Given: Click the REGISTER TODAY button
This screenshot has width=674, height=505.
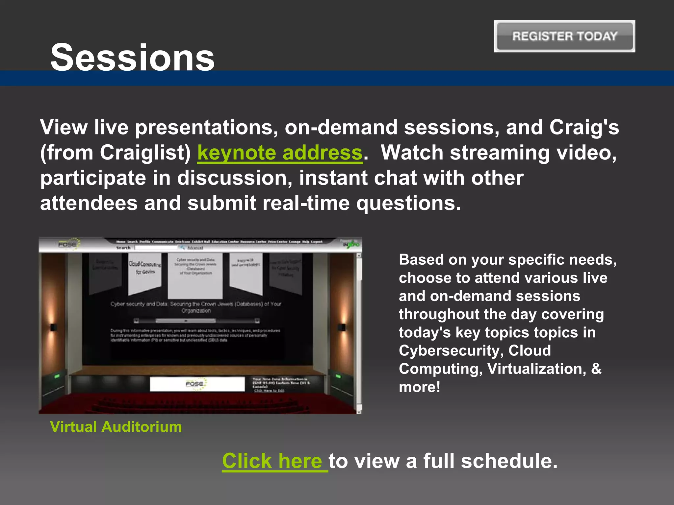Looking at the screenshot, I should click(564, 36).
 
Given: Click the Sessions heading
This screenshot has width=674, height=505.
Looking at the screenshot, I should click(132, 58).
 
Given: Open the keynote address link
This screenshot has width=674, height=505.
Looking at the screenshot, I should click(280, 153).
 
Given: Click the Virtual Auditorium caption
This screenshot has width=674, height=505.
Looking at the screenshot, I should click(116, 427).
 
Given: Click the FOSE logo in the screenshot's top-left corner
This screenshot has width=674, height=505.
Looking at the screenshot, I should click(68, 244).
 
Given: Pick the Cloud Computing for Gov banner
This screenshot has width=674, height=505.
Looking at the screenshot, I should click(144, 270).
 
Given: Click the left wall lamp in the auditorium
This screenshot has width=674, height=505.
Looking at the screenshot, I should click(53, 327).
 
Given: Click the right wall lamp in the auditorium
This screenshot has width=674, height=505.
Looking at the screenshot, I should click(342, 327).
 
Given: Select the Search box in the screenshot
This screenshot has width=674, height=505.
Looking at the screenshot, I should click(156, 248).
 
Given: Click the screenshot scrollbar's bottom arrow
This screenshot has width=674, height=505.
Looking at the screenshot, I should click(359, 412).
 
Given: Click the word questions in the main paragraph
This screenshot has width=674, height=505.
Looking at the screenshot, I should click(408, 203).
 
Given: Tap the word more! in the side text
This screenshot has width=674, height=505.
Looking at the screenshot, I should click(420, 387).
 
